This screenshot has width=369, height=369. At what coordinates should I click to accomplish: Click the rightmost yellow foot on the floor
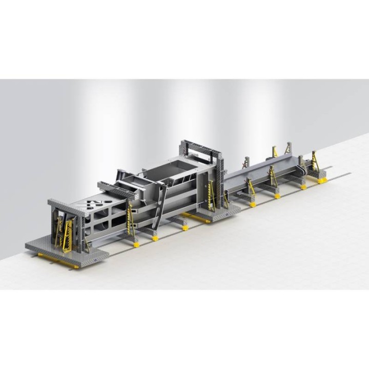322,180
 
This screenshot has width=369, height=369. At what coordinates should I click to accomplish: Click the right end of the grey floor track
348,174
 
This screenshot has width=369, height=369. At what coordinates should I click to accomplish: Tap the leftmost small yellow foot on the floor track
136,244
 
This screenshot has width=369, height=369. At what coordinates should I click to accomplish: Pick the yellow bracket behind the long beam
275,151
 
